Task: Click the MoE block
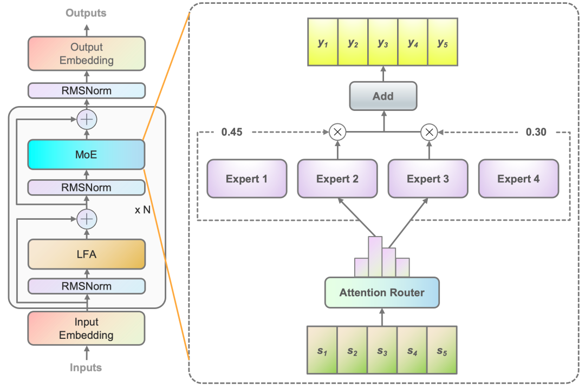click(x=86, y=154)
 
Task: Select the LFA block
click(x=86, y=254)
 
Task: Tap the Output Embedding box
click(x=86, y=53)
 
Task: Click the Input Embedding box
click(x=86, y=328)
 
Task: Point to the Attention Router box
click(x=382, y=293)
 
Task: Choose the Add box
click(x=383, y=96)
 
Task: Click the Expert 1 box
click(x=246, y=179)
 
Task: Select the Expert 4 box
click(x=518, y=179)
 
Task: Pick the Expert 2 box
click(x=337, y=179)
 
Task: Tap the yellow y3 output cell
click(x=383, y=42)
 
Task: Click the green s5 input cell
click(x=443, y=350)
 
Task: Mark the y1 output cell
click(x=323, y=42)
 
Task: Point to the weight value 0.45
click(x=232, y=132)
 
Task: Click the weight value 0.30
click(x=536, y=132)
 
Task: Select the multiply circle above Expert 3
click(x=429, y=132)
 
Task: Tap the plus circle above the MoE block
click(x=86, y=119)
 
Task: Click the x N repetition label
click(x=142, y=209)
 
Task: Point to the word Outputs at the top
click(x=86, y=12)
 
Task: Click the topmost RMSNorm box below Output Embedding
click(x=86, y=90)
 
